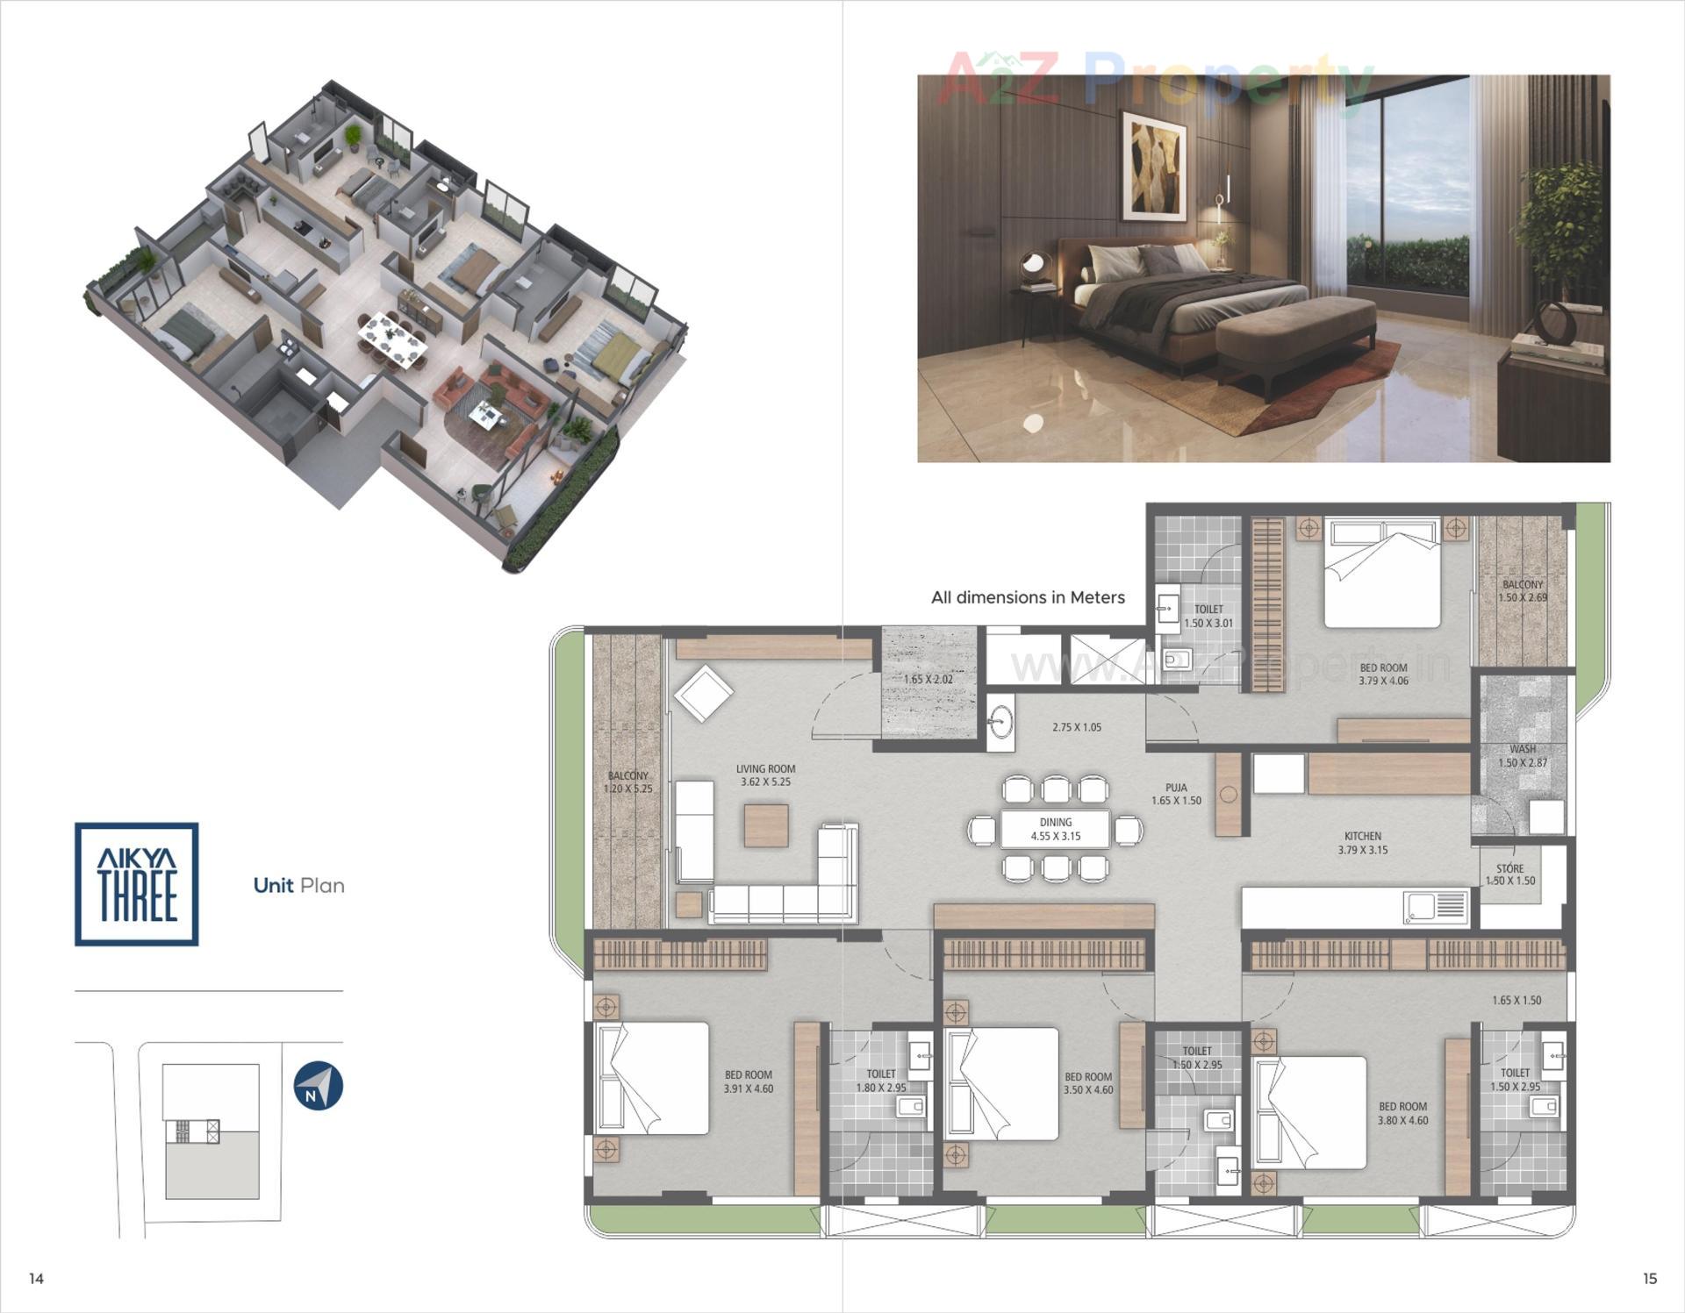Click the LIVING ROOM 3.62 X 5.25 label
[765, 775]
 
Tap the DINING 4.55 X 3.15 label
[1055, 829]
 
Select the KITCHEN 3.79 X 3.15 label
[1362, 843]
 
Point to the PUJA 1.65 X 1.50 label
[1176, 794]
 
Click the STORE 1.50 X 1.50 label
[1509, 874]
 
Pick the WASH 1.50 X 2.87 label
[1523, 756]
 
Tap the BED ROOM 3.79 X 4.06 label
[1383, 674]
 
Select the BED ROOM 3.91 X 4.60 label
[748, 1081]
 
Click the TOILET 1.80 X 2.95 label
[880, 1081]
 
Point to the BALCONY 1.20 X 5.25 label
[627, 782]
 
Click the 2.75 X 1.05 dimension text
[1076, 727]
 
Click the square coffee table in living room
[765, 825]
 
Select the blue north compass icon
[318, 1087]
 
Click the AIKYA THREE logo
[137, 884]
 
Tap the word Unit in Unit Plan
[273, 886]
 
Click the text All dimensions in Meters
[1028, 597]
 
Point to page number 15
[1649, 1279]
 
